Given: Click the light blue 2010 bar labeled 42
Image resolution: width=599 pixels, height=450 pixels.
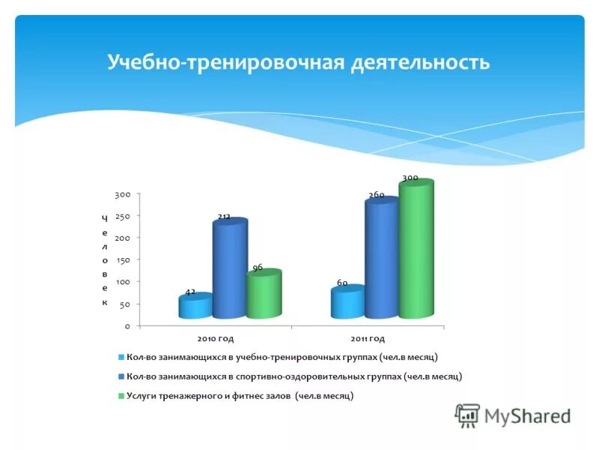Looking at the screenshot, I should click(x=195, y=307).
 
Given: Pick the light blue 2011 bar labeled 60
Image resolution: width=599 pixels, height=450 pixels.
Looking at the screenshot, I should click(x=347, y=302).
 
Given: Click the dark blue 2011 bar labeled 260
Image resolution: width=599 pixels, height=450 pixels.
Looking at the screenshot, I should click(x=381, y=259).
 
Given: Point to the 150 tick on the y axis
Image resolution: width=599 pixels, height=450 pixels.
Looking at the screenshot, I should click(x=122, y=259).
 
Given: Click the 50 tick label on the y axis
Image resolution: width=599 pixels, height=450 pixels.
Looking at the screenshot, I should click(x=124, y=304).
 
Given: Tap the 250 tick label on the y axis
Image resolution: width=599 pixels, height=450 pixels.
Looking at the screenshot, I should click(x=122, y=216).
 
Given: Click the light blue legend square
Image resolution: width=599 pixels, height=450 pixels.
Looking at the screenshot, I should click(x=121, y=358).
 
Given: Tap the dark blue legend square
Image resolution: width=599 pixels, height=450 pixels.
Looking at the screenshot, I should click(x=121, y=377).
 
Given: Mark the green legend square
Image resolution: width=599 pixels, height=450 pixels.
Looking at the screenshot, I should click(x=121, y=396).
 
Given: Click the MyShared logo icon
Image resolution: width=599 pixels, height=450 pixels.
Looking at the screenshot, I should click(x=467, y=415).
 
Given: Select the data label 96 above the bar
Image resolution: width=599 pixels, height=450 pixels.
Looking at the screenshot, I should click(x=257, y=267).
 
